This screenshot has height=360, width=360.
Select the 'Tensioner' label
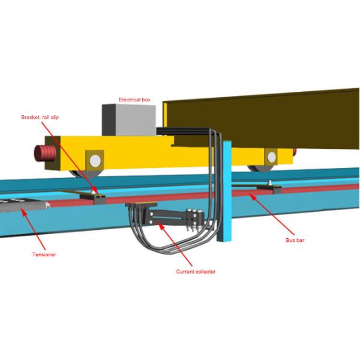click(x=43, y=255)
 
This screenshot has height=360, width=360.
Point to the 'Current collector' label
click(x=195, y=272)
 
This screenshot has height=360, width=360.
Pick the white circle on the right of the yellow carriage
click(x=272, y=157)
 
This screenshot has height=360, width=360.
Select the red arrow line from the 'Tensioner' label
click(x=36, y=231)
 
